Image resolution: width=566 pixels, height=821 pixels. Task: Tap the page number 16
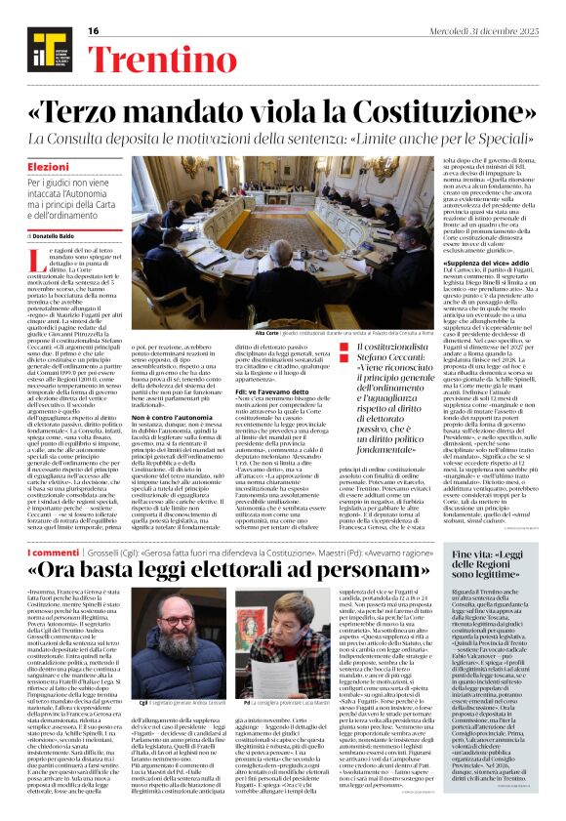pyautogui.click(x=94, y=31)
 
